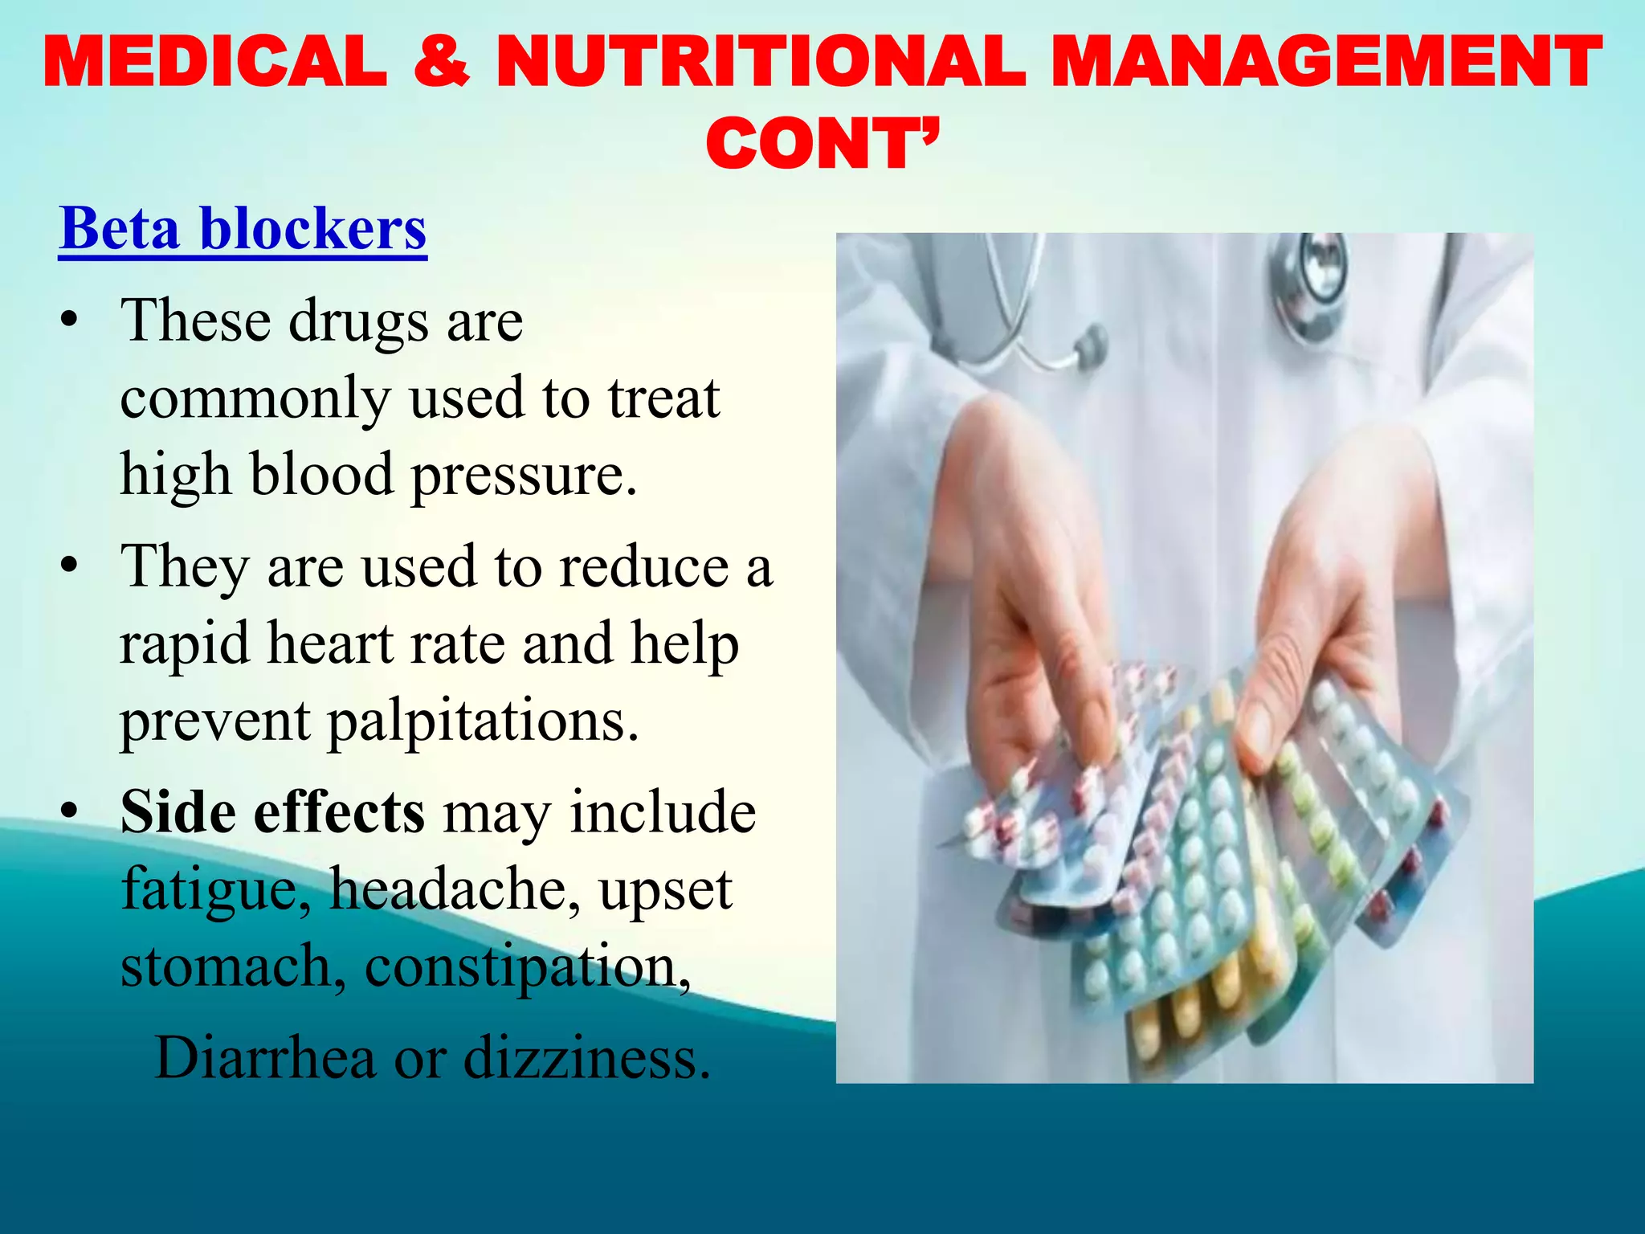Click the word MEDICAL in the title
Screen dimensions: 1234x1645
point(215,61)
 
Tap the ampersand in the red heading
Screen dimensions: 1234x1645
point(442,61)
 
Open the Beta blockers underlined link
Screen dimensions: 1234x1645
point(243,229)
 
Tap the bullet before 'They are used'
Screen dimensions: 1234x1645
point(70,567)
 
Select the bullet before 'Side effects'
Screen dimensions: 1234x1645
point(70,813)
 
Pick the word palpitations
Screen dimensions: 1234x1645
point(484,721)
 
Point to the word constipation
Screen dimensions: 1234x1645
point(527,966)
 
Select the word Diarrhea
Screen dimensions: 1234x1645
point(265,1057)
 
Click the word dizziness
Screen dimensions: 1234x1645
point(587,1057)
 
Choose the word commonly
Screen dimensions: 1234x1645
point(255,398)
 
